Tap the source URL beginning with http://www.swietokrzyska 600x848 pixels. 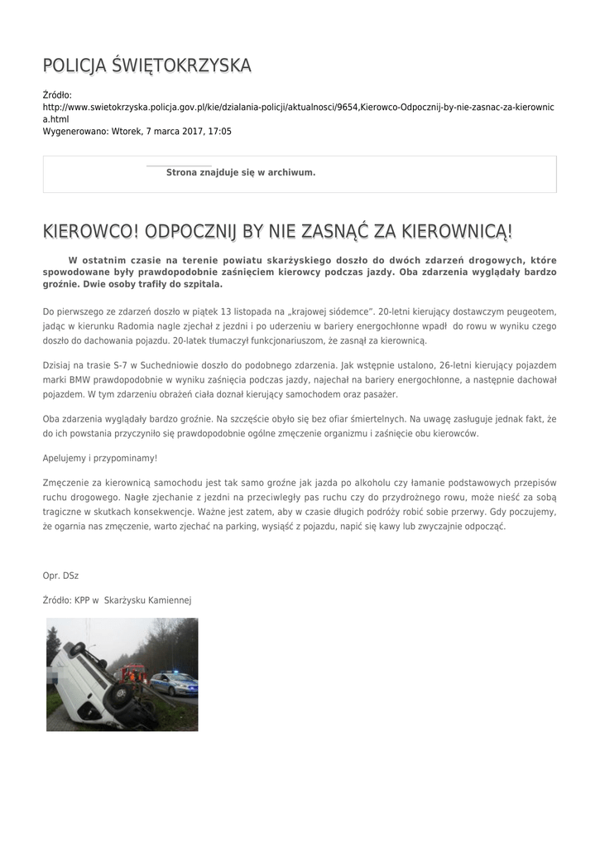(x=298, y=108)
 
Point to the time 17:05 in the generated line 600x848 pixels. (x=219, y=131)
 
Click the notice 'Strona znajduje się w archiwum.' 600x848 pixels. (x=241, y=172)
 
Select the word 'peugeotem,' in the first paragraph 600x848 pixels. (x=529, y=311)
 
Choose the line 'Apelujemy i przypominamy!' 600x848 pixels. (x=99, y=458)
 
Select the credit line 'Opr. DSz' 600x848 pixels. (x=60, y=575)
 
